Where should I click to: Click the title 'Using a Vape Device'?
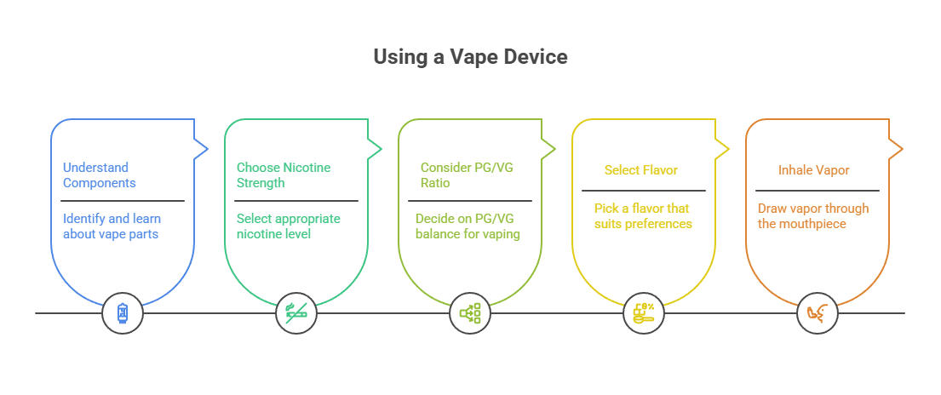click(470, 58)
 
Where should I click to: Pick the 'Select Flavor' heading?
click(640, 170)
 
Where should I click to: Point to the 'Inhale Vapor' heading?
click(814, 170)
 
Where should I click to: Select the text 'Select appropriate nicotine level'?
click(288, 226)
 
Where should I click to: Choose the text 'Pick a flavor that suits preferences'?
click(642, 216)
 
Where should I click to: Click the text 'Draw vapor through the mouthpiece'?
click(812, 216)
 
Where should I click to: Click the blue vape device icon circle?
click(123, 313)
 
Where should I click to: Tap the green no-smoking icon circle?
click(296, 313)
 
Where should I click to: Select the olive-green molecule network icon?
click(470, 313)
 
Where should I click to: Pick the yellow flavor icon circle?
click(644, 313)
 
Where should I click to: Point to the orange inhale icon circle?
click(818, 313)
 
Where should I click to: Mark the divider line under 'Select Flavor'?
click(644, 191)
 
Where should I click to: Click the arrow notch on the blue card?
click(203, 149)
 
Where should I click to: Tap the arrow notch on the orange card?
click(897, 149)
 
